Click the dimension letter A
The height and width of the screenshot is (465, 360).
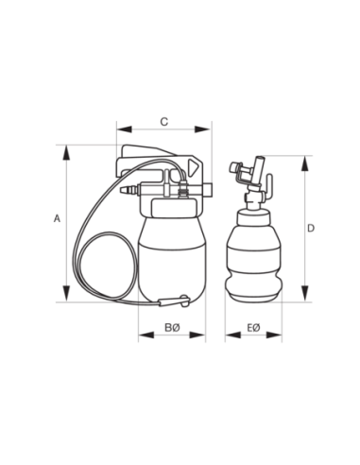click(x=57, y=218)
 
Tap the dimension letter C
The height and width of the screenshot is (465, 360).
click(x=164, y=122)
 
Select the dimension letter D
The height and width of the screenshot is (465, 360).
click(x=311, y=229)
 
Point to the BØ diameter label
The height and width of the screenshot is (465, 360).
click(x=172, y=328)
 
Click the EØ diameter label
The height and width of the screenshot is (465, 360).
click(x=253, y=328)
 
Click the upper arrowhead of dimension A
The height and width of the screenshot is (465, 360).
click(x=66, y=153)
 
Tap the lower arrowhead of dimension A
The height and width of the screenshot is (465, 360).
click(x=66, y=293)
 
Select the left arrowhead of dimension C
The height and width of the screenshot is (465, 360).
click(x=124, y=129)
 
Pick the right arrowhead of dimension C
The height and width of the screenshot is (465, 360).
click(x=202, y=129)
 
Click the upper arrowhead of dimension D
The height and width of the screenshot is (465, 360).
click(x=304, y=164)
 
